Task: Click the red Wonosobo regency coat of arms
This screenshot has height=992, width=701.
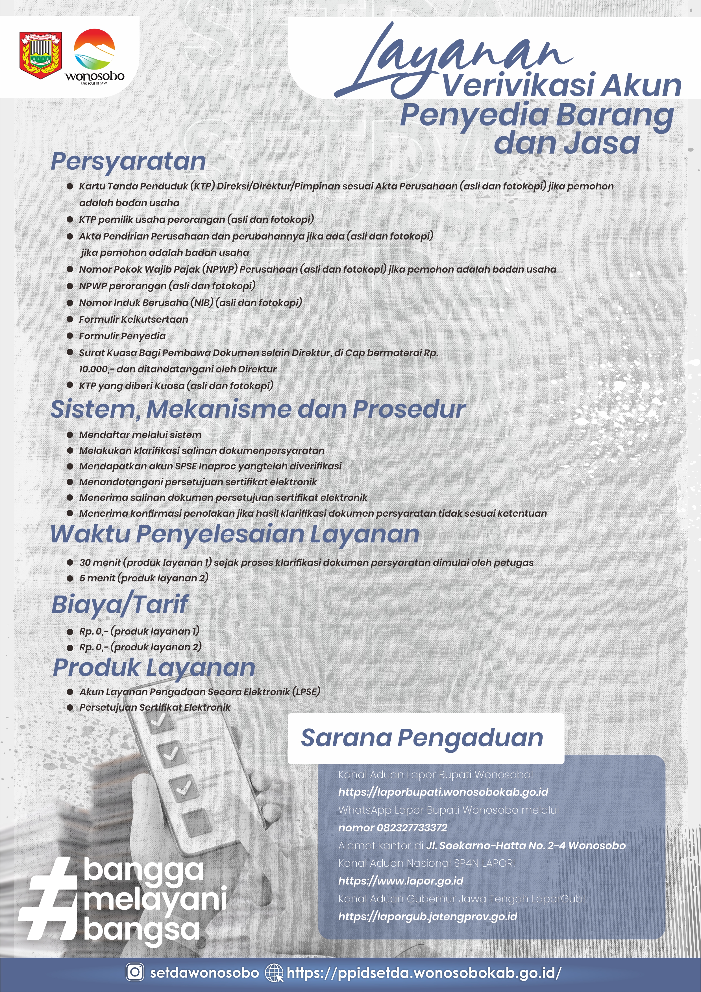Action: coord(41,55)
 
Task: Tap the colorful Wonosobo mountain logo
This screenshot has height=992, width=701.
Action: coord(95,50)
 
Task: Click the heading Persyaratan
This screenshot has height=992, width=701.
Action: coord(128,161)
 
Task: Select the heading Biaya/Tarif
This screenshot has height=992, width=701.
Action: coord(120,604)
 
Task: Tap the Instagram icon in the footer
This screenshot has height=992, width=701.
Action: coord(135,972)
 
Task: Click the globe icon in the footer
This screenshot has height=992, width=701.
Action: coord(274,972)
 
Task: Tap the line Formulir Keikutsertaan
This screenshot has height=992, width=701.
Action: coord(133,319)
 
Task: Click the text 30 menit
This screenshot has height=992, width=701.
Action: coord(100,562)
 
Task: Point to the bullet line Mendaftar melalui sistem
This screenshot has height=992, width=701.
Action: coord(140,435)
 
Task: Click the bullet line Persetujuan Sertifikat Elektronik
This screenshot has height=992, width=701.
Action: coord(154,707)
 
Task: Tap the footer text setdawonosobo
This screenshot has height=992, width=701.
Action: coord(204,972)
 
